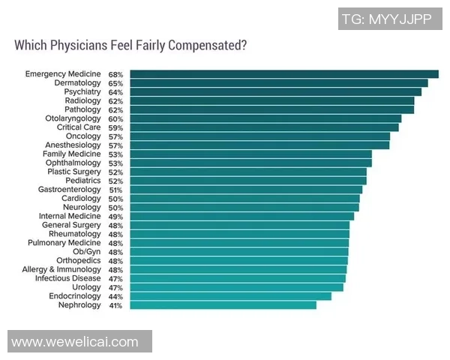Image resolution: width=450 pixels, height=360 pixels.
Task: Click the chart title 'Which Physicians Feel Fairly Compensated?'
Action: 130,45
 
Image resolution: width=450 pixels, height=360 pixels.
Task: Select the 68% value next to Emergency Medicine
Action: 115,74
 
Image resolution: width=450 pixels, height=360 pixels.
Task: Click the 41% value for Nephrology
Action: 115,305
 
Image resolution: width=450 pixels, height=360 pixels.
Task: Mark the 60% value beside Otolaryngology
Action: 115,118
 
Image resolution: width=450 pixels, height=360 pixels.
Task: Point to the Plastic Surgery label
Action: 73,172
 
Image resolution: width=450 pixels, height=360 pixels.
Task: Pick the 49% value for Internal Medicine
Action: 115,216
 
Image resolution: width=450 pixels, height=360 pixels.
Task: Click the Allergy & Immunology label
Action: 61,269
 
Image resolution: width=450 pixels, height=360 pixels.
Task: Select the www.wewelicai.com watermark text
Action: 75,342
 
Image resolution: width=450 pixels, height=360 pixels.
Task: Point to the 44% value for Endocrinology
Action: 115,296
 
